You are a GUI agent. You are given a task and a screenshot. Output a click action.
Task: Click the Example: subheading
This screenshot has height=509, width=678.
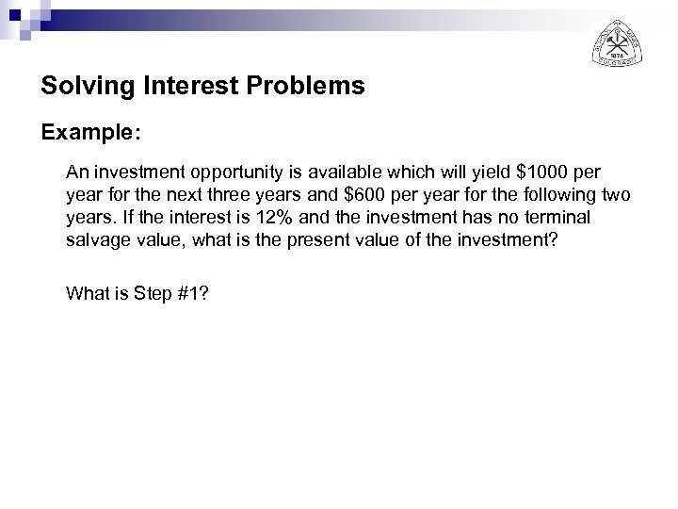(91, 133)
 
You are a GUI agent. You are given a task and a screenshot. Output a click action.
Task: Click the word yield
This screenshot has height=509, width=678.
(481, 173)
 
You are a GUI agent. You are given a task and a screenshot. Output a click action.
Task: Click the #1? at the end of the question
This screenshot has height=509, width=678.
(193, 293)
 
